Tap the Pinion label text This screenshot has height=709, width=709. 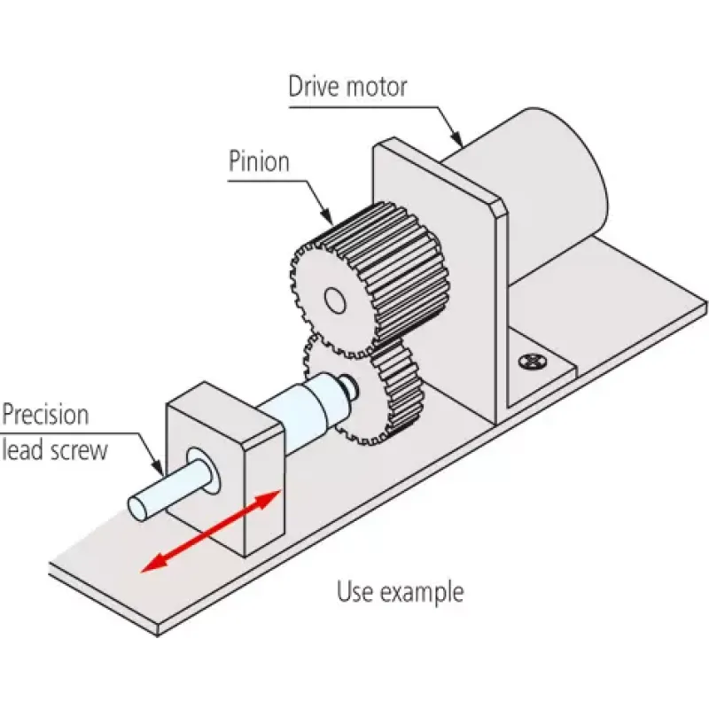[259, 161]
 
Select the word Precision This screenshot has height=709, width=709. [45, 415]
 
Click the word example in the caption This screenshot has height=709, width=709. [423, 593]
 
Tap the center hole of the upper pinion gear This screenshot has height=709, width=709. [336, 300]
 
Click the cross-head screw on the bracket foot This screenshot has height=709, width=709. [533, 362]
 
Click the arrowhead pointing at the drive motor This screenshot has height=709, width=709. [457, 140]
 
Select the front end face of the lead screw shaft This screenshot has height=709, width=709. [138, 507]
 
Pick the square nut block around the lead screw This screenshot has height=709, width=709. [226, 469]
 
